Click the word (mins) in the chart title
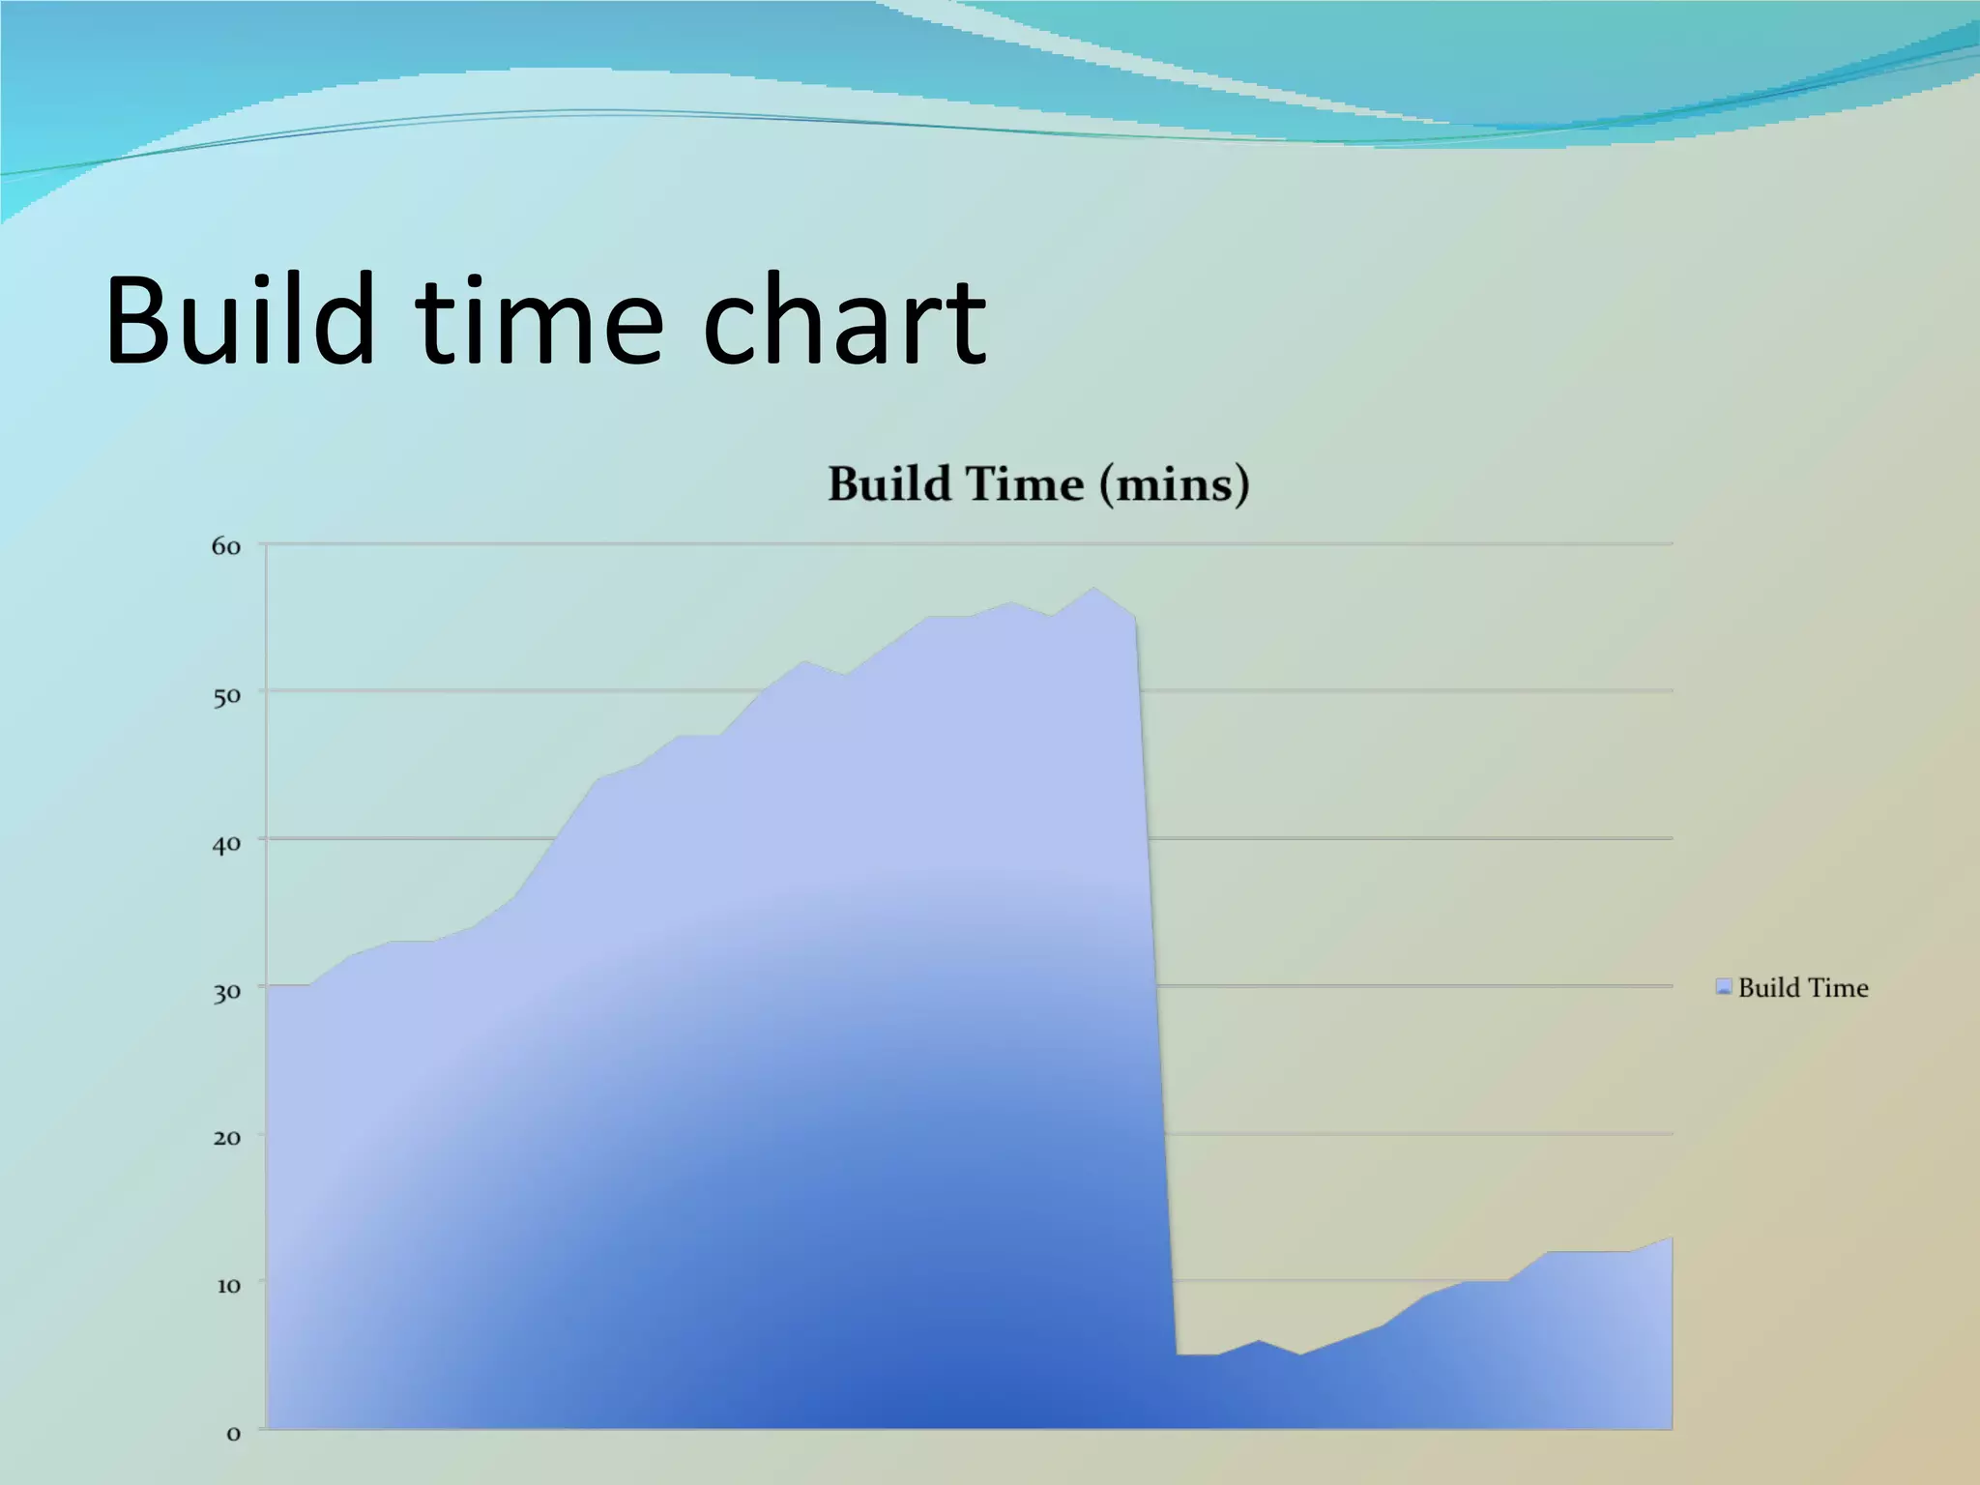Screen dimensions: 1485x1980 [x=1174, y=484]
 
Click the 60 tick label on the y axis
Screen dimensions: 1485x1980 [x=225, y=547]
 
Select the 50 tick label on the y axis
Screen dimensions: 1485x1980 [x=226, y=696]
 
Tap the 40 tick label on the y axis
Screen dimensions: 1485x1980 [x=226, y=844]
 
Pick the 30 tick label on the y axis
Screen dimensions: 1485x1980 [x=226, y=992]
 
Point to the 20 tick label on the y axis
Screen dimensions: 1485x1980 [x=226, y=1138]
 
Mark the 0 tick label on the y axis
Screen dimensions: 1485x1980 [x=233, y=1434]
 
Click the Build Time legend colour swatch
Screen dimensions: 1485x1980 [x=1723, y=987]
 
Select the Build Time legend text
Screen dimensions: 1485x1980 [x=1802, y=987]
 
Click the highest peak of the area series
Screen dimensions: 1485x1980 [x=1093, y=588]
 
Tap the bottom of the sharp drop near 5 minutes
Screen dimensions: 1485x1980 [x=1178, y=1354]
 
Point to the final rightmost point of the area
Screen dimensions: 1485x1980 [x=1671, y=1238]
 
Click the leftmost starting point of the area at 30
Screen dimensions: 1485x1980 [x=269, y=986]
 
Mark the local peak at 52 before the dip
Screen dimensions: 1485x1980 [x=804, y=661]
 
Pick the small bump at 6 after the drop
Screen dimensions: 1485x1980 [x=1259, y=1341]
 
